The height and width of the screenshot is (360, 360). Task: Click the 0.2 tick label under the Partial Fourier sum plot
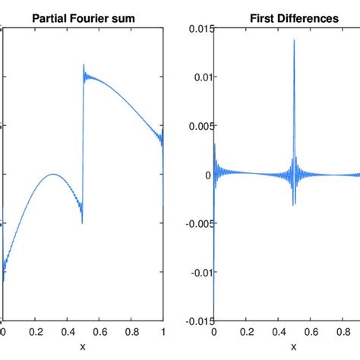pyautogui.click(x=35, y=332)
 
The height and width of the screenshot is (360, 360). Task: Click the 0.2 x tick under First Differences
pyautogui.click(x=245, y=332)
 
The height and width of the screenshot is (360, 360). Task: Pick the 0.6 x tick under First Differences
pyautogui.click(x=309, y=332)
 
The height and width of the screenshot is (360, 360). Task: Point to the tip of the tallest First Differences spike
pyautogui.click(x=293, y=40)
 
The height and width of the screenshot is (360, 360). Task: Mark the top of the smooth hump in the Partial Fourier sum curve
pyautogui.click(x=52, y=174)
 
